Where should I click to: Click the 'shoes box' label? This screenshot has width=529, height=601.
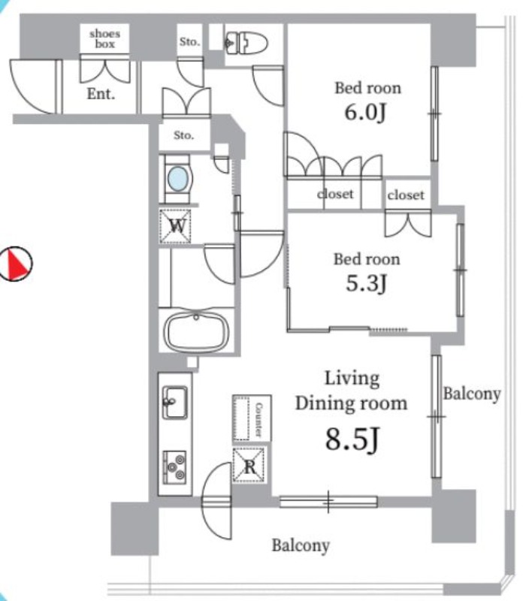[104, 38]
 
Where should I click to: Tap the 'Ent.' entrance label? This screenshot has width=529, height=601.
[101, 95]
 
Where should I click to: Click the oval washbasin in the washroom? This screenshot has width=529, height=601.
[178, 179]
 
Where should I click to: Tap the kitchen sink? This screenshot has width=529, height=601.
[174, 402]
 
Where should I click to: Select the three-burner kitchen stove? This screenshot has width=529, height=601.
[175, 466]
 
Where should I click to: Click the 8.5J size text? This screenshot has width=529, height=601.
[351, 439]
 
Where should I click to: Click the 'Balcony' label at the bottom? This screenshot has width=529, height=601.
[301, 545]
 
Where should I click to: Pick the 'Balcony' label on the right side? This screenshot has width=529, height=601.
[471, 394]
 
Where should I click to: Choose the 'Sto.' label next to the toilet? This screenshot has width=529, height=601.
[189, 42]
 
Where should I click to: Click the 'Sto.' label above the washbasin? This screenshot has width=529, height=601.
[184, 136]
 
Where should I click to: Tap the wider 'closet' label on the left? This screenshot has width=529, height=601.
[334, 194]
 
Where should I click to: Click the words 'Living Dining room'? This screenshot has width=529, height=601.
[351, 390]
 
